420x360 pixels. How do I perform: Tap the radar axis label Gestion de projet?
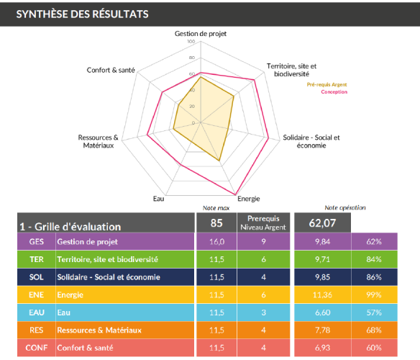tap(200, 34)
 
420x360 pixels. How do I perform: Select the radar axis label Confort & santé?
tap(111, 70)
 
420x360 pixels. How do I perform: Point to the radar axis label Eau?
tap(158, 199)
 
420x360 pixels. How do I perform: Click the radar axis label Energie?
tap(248, 199)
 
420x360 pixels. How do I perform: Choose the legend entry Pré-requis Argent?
tap(327, 85)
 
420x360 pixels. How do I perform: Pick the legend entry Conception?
tap(334, 92)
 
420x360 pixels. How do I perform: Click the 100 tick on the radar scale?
tap(191, 42)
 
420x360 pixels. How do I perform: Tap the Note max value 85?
tap(216, 222)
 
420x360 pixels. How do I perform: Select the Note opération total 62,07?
tap(323, 222)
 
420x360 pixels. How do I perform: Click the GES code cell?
tap(35, 241)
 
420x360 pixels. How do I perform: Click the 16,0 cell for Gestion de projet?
tap(216, 241)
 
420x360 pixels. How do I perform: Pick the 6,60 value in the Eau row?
tap(322, 313)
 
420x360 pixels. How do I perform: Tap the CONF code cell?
tap(35, 348)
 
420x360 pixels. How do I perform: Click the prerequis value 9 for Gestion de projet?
tap(263, 241)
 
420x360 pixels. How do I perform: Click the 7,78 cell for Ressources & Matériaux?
tap(322, 330)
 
